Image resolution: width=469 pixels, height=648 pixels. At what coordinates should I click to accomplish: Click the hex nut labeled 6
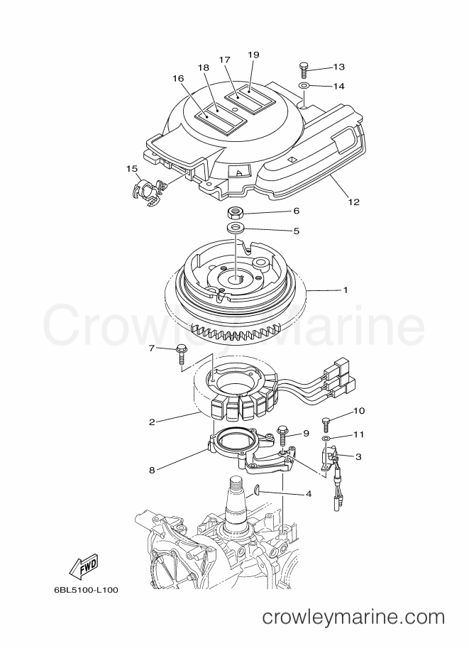click(235, 213)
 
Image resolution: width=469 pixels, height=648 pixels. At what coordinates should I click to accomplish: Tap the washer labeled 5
click(235, 227)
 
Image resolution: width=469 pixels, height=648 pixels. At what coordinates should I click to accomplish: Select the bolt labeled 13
click(303, 70)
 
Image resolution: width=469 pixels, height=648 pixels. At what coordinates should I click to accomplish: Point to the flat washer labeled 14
click(303, 86)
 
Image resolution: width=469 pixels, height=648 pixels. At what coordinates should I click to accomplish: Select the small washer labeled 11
click(326, 438)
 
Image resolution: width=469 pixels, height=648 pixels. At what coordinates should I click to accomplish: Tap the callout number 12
click(354, 202)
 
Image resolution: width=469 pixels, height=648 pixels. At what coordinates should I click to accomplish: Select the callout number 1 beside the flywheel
click(346, 290)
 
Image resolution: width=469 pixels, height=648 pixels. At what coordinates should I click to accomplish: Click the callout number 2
click(152, 422)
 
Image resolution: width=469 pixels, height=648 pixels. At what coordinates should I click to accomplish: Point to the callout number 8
click(152, 470)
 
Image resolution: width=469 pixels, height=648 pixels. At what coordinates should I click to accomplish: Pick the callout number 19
click(253, 55)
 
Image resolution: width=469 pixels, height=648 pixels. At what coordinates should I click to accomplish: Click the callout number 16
click(179, 78)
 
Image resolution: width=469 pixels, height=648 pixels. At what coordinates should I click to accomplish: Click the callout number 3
click(358, 456)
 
